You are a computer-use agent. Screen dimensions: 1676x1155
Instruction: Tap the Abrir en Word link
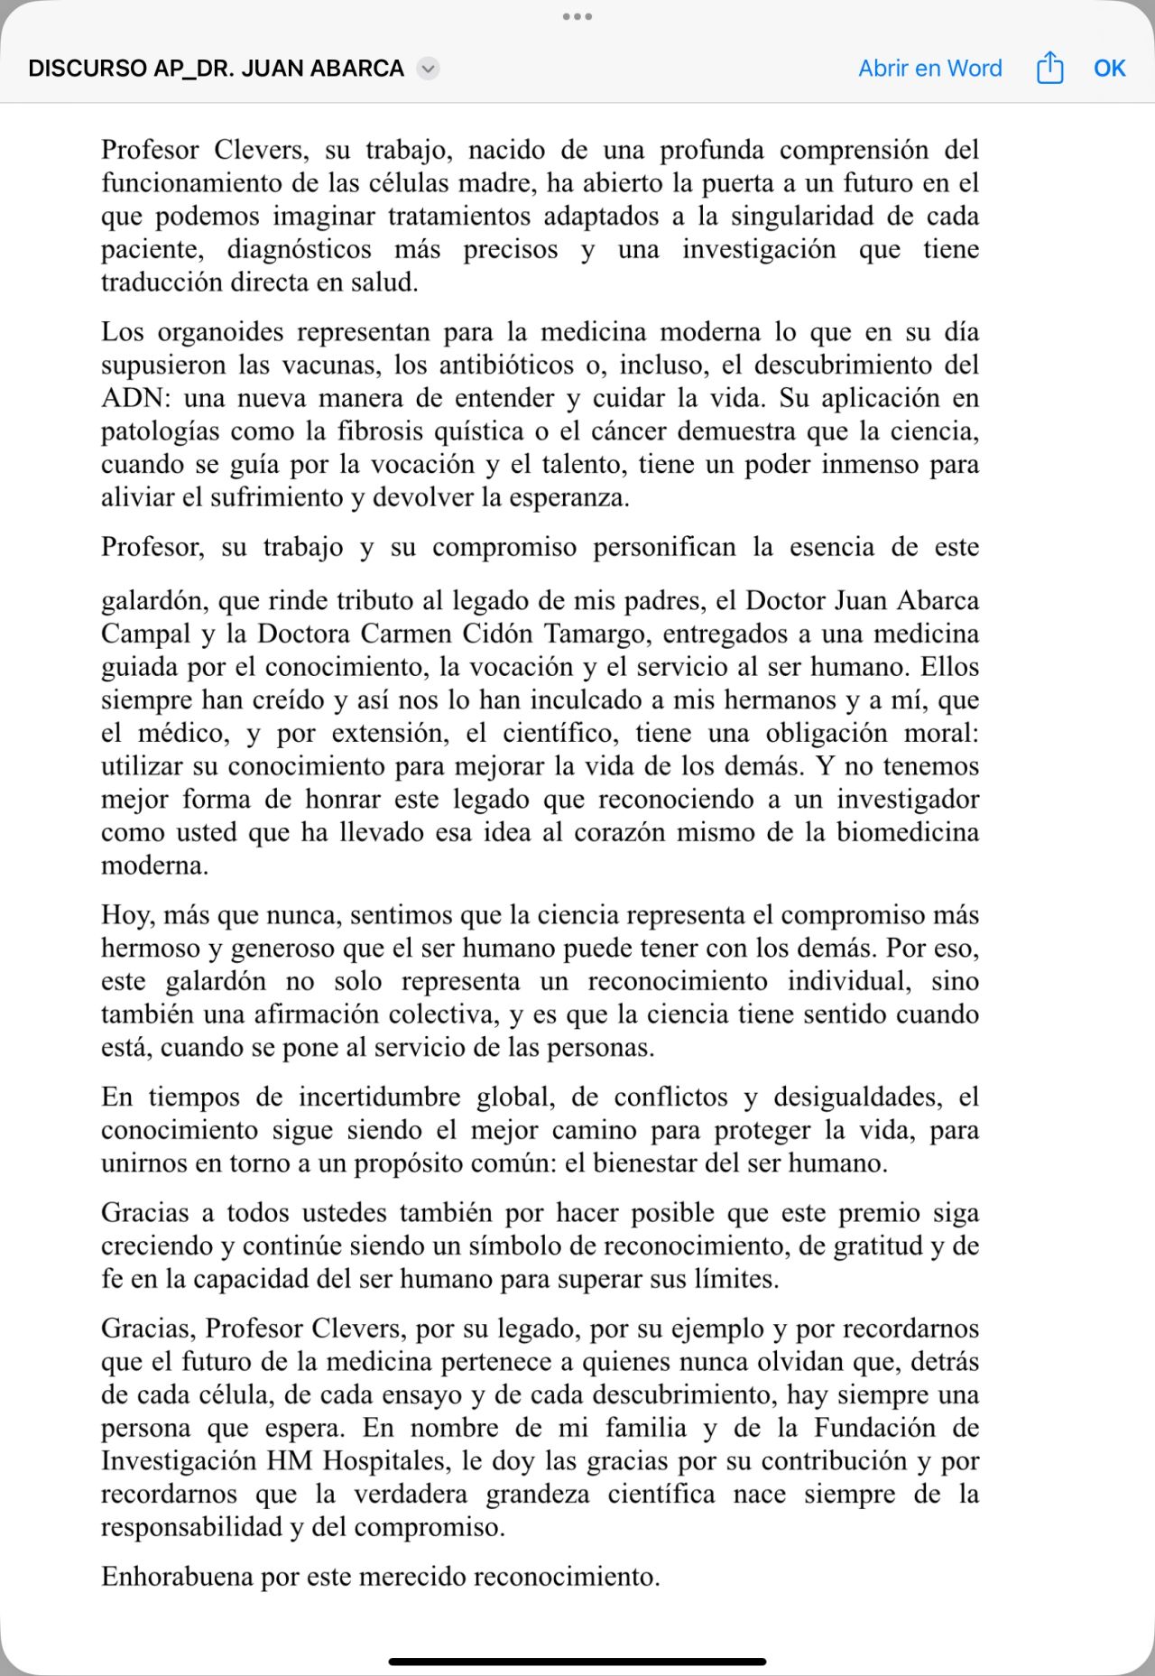click(929, 69)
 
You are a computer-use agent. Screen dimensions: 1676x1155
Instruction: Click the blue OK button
click(1109, 69)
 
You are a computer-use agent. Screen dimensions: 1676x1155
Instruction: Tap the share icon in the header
click(1049, 68)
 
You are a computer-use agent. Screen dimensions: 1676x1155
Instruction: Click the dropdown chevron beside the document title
click(429, 69)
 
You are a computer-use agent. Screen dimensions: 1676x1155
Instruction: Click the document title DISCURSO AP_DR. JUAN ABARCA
click(216, 69)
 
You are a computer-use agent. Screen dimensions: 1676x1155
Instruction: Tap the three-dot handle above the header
click(577, 16)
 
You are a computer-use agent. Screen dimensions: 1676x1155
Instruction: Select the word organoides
click(220, 331)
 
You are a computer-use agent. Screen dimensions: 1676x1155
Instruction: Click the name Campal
click(145, 634)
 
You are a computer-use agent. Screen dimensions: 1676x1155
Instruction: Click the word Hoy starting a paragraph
click(125, 915)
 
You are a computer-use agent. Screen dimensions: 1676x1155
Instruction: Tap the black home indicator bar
click(577, 1662)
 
